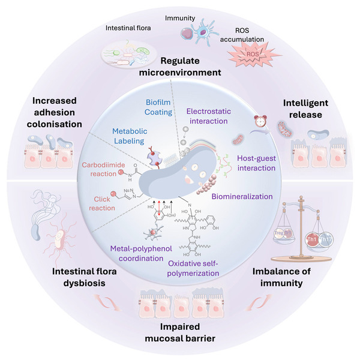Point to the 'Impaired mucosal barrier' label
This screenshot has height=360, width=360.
point(180,332)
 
